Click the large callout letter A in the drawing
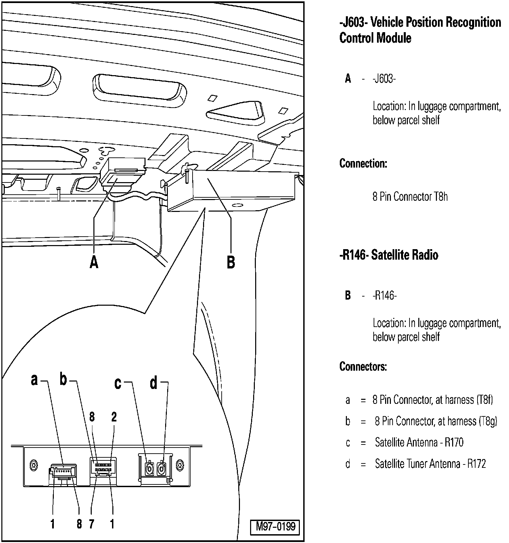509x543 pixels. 94,262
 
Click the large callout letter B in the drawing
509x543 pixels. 231,262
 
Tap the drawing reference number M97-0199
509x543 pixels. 275,526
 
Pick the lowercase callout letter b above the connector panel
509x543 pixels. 63,380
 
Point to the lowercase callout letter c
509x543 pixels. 118,383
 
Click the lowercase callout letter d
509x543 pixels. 154,383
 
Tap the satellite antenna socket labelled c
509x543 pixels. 149,469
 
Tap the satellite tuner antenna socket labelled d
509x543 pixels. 161,469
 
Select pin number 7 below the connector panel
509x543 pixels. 91,524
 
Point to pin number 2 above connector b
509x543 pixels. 114,417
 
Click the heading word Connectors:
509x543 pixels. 363,367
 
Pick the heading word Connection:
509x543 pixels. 363,164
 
